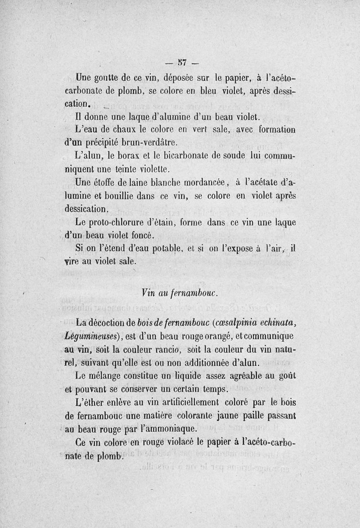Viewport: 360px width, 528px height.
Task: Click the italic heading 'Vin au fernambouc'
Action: coord(180,293)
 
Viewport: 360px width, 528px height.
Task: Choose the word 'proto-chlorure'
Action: coord(121,222)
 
